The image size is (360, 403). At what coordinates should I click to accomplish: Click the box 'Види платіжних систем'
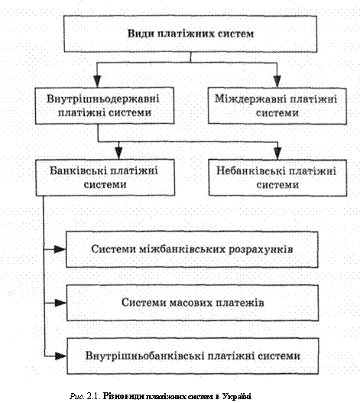click(190, 34)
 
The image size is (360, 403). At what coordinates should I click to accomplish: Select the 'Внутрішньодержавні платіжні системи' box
click(105, 106)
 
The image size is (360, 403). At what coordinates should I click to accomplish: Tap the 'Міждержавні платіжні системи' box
click(277, 106)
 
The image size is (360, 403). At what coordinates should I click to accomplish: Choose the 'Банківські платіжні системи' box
click(105, 177)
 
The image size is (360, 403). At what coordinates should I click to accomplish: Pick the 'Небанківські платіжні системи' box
click(277, 177)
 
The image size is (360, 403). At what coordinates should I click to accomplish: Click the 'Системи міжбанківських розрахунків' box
click(192, 249)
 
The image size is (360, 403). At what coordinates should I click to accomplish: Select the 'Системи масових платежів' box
click(193, 303)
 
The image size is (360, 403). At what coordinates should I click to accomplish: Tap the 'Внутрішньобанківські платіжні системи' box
click(193, 356)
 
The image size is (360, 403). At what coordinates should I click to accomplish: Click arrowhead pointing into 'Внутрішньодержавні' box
click(97, 81)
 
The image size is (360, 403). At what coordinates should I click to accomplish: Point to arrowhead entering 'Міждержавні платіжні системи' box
click(277, 82)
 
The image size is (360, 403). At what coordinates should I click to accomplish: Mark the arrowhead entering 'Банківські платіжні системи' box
click(118, 154)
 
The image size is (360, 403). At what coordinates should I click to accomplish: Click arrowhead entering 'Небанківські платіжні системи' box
click(277, 154)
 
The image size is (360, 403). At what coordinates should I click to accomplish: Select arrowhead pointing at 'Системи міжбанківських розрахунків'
click(60, 249)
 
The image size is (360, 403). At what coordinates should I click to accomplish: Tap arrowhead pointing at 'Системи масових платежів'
click(60, 303)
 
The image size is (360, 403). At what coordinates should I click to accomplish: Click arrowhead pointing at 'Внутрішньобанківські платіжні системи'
click(61, 356)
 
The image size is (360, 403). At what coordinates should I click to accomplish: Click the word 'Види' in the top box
click(141, 34)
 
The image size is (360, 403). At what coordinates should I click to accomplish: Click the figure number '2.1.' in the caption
click(94, 396)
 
